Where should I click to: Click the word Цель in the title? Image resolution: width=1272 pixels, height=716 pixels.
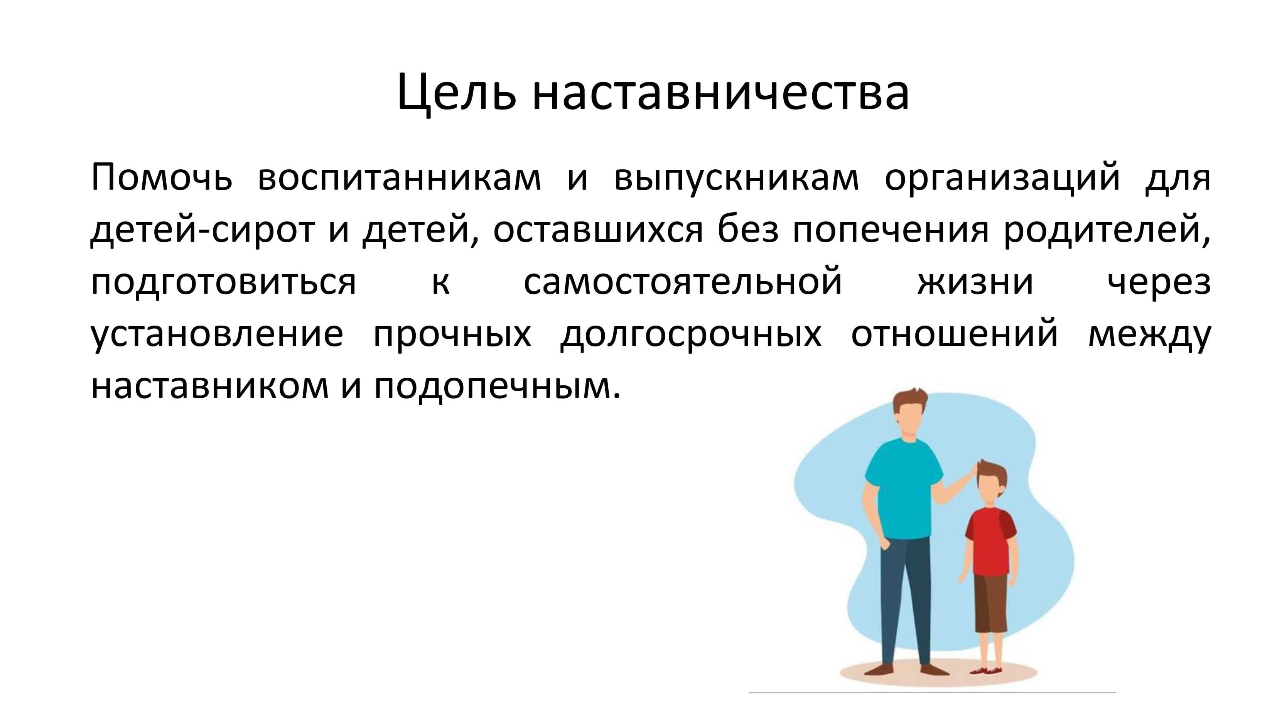(x=457, y=93)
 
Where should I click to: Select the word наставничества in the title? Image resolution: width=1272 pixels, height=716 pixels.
(x=720, y=93)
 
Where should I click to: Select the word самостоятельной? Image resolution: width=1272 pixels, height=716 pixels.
(x=682, y=282)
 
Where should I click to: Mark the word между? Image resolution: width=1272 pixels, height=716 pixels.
(x=1149, y=335)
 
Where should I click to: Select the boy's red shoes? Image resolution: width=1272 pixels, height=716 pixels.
(x=985, y=670)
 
